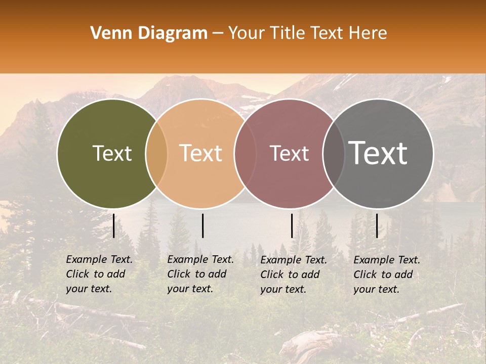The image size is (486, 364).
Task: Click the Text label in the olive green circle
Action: click(112, 154)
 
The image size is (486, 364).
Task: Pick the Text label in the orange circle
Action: click(201, 154)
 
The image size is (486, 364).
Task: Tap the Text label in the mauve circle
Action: click(289, 154)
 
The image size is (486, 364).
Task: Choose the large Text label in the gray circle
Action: click(378, 154)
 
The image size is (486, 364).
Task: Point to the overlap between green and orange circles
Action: click(156, 154)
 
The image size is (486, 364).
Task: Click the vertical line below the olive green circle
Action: click(113, 225)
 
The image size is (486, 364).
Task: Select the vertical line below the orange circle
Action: click(202, 225)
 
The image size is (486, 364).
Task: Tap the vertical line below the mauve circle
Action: click(292, 225)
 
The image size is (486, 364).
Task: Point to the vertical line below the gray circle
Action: click(377, 225)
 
